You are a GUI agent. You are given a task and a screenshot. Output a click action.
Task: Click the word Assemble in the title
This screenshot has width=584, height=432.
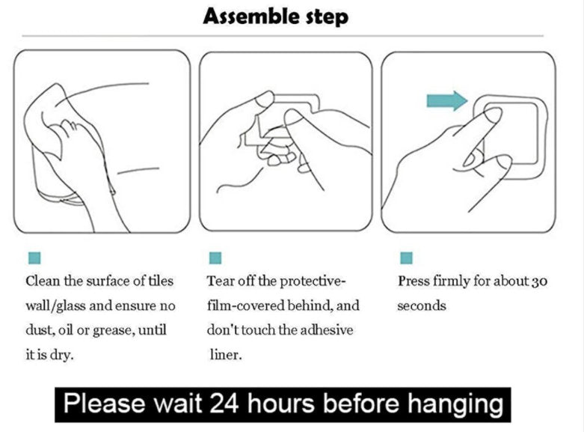pyautogui.click(x=252, y=16)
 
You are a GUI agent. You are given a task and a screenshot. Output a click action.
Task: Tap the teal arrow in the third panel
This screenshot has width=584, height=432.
pyautogui.click(x=447, y=101)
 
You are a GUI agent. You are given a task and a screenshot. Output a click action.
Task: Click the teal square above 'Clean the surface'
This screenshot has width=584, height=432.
pyautogui.click(x=34, y=258)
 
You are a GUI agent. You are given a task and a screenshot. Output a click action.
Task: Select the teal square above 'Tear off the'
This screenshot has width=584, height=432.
pyautogui.click(x=215, y=258)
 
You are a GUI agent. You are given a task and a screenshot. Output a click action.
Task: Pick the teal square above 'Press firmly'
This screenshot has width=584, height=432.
pyautogui.click(x=406, y=258)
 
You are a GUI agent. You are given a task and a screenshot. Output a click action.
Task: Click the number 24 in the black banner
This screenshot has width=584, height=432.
pyautogui.click(x=224, y=404)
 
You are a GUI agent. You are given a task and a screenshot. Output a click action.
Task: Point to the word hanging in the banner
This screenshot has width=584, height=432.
pyautogui.click(x=455, y=406)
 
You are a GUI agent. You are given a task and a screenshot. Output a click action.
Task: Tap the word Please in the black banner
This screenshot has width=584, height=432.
pyautogui.click(x=104, y=404)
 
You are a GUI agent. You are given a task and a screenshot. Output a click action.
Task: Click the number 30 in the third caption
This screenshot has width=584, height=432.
pyautogui.click(x=539, y=282)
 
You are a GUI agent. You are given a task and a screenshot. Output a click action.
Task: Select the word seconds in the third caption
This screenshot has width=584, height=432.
pyautogui.click(x=421, y=306)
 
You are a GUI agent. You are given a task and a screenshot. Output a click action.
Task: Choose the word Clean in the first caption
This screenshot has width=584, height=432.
pyautogui.click(x=43, y=281)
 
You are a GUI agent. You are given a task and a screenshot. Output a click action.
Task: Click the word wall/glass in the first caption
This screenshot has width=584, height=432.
pyautogui.click(x=55, y=306)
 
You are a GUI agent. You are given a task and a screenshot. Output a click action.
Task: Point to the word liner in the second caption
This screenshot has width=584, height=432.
pyautogui.click(x=224, y=355)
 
